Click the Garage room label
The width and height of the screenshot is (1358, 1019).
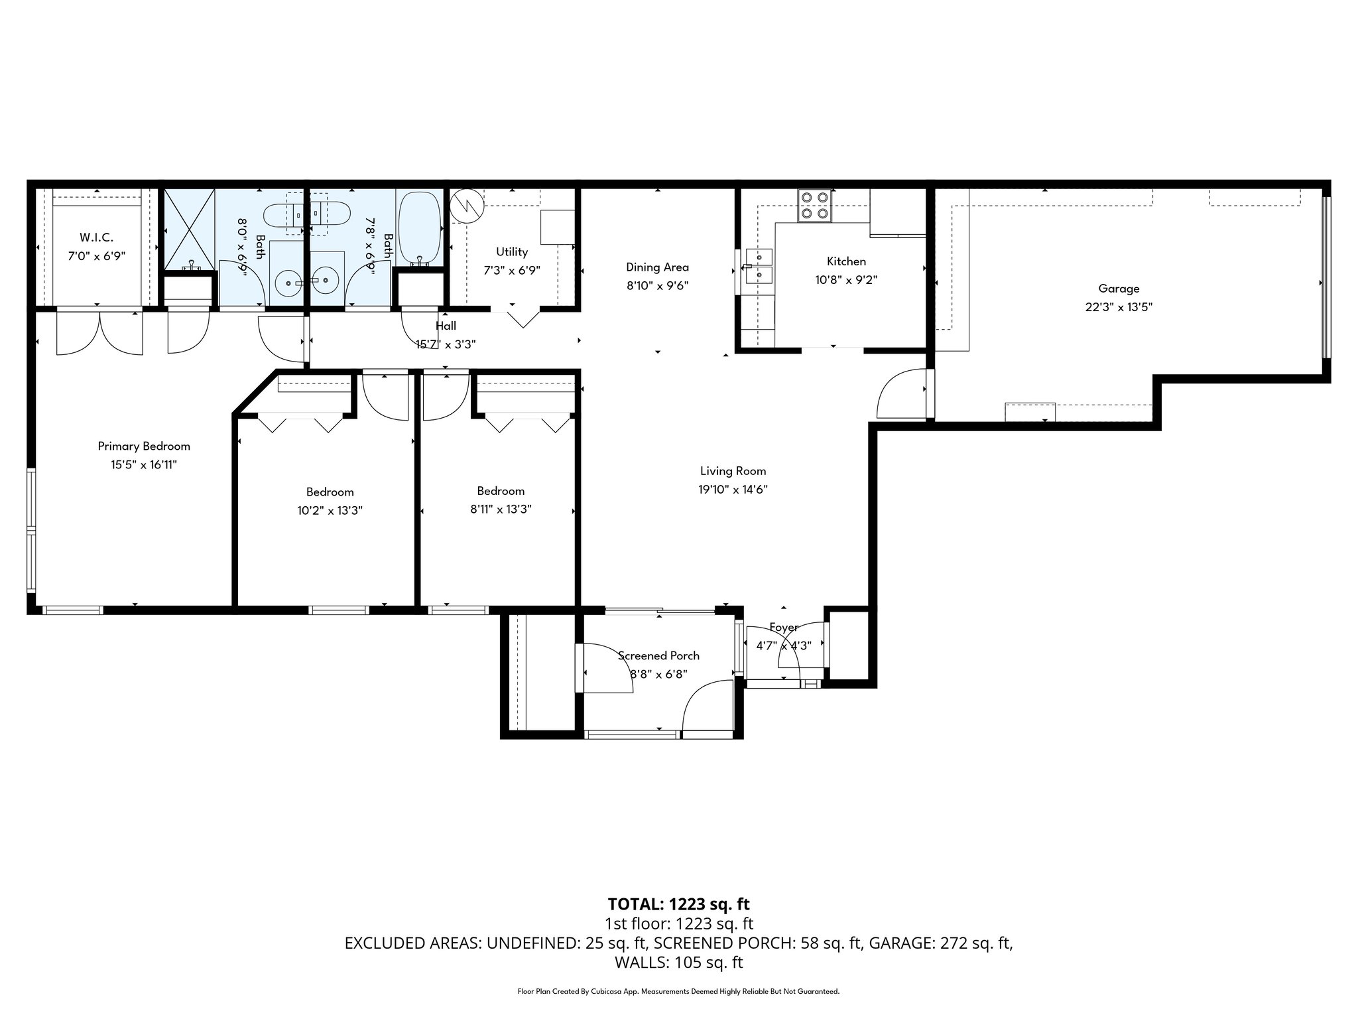click(x=1119, y=289)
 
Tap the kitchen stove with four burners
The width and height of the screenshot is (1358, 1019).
click(x=815, y=205)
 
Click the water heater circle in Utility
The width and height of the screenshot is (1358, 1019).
click(x=467, y=206)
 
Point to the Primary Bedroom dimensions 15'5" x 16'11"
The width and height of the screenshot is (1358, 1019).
click(x=144, y=465)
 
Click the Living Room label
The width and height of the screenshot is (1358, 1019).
click(x=733, y=471)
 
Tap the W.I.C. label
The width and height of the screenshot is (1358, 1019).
click(x=96, y=237)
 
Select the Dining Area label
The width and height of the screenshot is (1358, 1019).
click(x=657, y=267)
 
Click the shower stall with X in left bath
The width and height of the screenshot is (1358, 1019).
click(x=190, y=230)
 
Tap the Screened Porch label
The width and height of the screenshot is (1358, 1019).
click(x=658, y=655)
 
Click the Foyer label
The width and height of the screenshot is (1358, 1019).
click(x=784, y=627)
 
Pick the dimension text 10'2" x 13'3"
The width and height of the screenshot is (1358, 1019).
click(x=330, y=510)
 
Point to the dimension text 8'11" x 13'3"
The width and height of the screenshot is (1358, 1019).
click(x=501, y=509)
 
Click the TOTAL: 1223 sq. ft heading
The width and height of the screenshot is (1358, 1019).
click(x=678, y=904)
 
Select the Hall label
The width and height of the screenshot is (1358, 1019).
click(x=446, y=326)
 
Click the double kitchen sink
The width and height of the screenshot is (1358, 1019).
click(x=758, y=265)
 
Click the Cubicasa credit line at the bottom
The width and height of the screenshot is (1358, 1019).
click(x=678, y=991)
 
